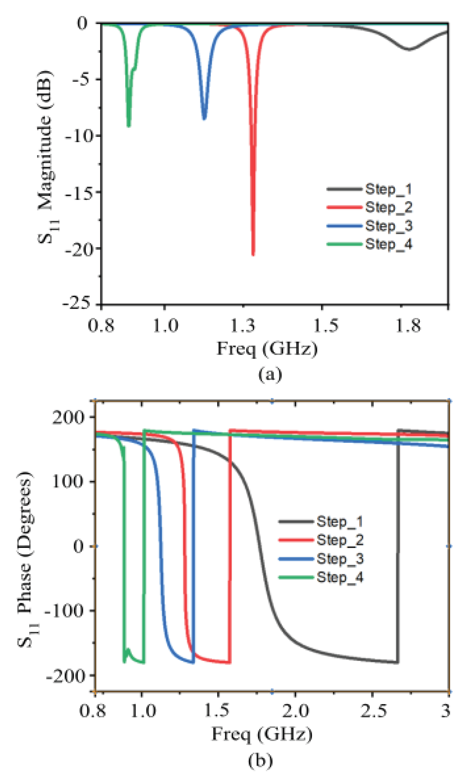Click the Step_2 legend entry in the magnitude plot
pyautogui.click(x=388, y=207)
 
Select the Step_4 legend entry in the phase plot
pyautogui.click(x=340, y=577)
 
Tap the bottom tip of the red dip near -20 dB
pyautogui.click(x=253, y=254)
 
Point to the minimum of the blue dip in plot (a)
pyautogui.click(x=204, y=119)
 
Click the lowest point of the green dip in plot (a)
pyautogui.click(x=129, y=126)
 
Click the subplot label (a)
pyautogui.click(x=270, y=374)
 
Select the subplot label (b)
pyautogui.click(x=260, y=760)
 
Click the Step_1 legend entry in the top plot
pyautogui.click(x=388, y=189)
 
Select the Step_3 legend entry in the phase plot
pyautogui.click(x=340, y=559)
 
